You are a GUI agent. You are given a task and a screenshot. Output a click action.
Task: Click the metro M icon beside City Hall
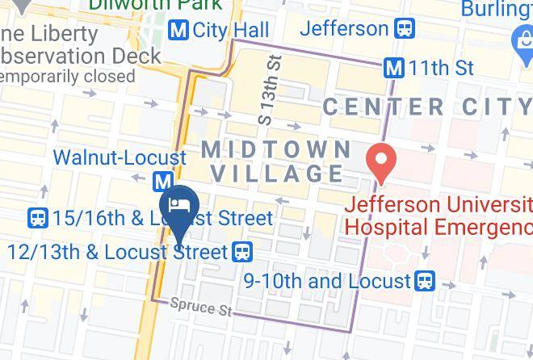[x=178, y=31]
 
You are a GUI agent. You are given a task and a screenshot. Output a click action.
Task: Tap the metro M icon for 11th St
[x=394, y=69]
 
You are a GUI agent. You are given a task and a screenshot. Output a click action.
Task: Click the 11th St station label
[x=441, y=69]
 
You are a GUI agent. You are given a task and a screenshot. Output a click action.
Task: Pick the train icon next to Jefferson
[x=404, y=30]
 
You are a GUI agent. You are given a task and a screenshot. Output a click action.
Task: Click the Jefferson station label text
[x=344, y=29]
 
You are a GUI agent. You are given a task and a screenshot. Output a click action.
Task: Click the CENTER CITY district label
[x=427, y=107]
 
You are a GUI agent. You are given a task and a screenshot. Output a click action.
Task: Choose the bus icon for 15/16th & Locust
[x=37, y=218]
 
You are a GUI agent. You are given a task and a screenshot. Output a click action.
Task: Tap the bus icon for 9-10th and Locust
[x=425, y=281]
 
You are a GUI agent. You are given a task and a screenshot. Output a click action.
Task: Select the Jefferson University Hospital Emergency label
[x=439, y=215]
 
